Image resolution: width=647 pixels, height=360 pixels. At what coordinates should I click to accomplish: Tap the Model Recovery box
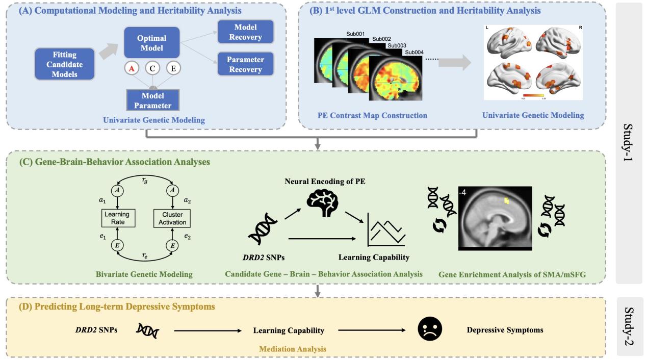coord(246,32)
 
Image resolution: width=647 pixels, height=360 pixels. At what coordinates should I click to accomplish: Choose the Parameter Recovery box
coord(246,64)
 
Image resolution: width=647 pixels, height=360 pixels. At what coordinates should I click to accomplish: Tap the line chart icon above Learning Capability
coord(386,230)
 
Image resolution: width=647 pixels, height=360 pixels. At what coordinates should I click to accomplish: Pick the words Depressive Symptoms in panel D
coord(505,330)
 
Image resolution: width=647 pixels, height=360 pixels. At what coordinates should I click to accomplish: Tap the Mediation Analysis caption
coord(293,349)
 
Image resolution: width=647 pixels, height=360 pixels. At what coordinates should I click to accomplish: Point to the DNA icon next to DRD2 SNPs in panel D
coord(148,330)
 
